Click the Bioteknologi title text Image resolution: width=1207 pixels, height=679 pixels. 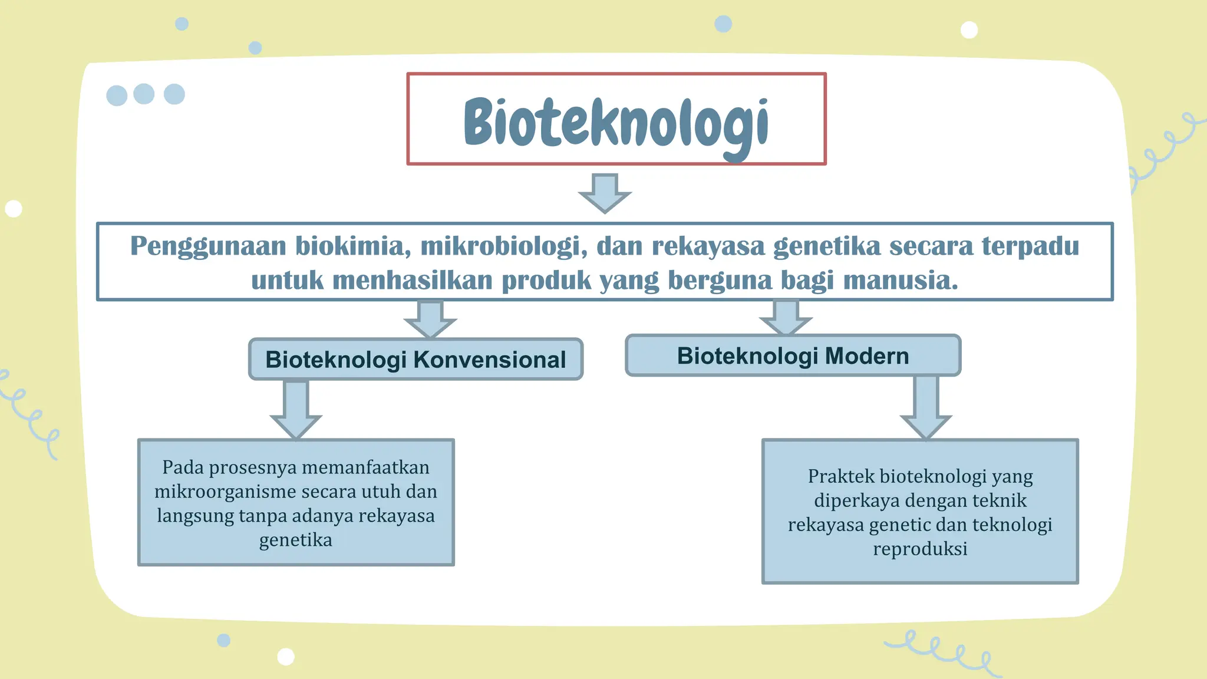click(x=616, y=122)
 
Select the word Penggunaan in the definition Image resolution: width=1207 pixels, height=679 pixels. click(x=207, y=246)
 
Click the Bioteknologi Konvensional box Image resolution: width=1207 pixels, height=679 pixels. click(x=415, y=359)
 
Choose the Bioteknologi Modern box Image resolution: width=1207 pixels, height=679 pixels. click(x=793, y=355)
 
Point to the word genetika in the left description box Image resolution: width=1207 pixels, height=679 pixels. click(x=295, y=540)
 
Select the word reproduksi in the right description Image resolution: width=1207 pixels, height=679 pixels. click(x=920, y=549)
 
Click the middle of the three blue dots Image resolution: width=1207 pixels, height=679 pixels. click(x=144, y=94)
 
